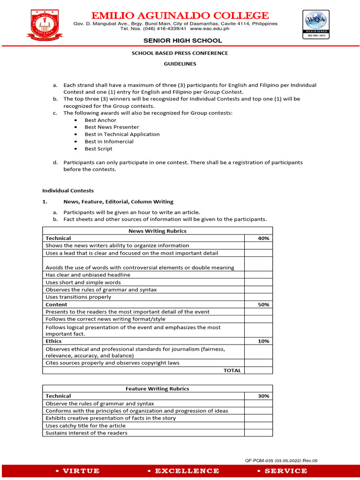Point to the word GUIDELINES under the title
180,64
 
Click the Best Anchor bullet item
100,120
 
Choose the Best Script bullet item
98,149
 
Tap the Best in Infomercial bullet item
109,142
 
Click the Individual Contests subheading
68,191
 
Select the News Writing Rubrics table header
157,231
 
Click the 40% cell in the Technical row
263,238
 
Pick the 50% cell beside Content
263,305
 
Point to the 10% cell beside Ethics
263,341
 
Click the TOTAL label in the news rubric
232,370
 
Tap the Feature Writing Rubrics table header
157,389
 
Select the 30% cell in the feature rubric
263,396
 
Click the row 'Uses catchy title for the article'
85,426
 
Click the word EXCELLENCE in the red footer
187,471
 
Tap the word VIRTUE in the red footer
81,471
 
